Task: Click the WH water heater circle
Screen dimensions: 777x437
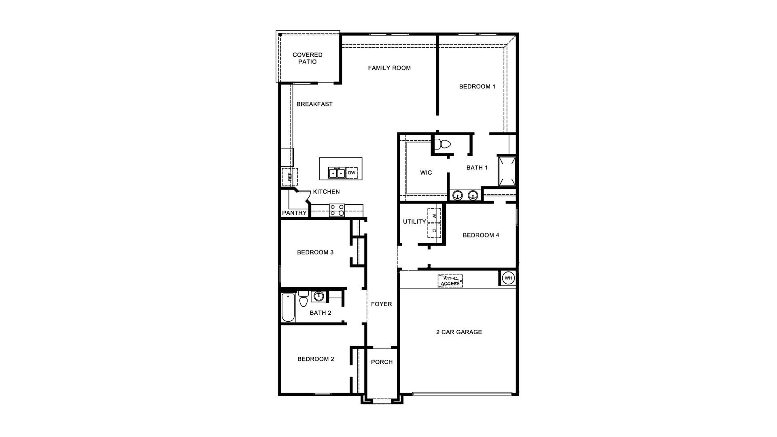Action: click(508, 278)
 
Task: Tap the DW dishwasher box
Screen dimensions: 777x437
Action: click(352, 173)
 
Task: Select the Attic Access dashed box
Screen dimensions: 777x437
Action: click(450, 281)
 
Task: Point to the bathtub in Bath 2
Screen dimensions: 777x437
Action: click(289, 308)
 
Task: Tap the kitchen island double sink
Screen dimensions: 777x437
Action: click(337, 173)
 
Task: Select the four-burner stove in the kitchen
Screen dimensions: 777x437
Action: click(337, 210)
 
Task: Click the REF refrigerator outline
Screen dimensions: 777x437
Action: click(290, 177)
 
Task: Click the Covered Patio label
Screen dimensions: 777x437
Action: click(308, 58)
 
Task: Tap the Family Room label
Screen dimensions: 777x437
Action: click(389, 68)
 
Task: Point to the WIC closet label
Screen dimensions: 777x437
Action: click(426, 173)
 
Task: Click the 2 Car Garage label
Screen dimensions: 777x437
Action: click(459, 332)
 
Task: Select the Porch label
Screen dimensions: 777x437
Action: click(382, 362)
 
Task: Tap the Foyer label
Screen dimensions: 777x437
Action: click(382, 304)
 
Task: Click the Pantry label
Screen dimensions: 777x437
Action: click(295, 213)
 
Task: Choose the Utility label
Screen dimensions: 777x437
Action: click(414, 222)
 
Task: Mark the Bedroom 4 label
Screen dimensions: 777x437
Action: click(481, 235)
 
